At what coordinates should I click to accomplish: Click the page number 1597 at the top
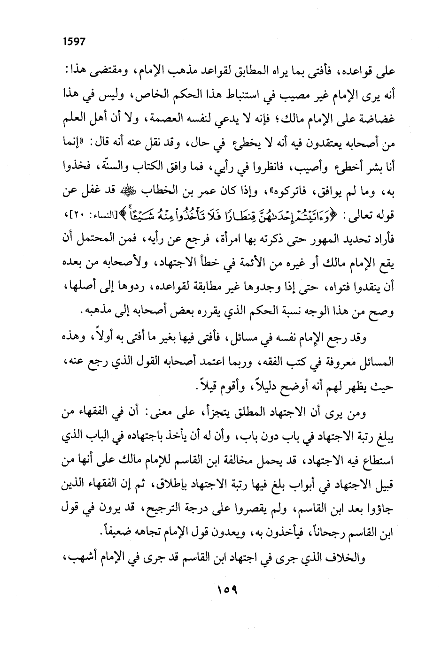(x=73, y=41)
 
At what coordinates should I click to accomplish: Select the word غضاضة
(x=378, y=114)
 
